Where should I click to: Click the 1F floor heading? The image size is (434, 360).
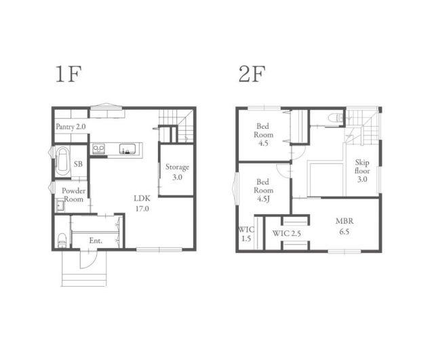pyautogui.click(x=68, y=74)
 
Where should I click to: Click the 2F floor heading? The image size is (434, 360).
pyautogui.click(x=252, y=74)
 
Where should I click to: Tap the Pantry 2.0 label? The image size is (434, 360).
pyautogui.click(x=71, y=127)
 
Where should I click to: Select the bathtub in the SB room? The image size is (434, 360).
pyautogui.click(x=63, y=161)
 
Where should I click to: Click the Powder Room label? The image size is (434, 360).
pyautogui.click(x=74, y=195)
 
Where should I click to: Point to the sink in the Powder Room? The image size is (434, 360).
pyautogui.click(x=60, y=205)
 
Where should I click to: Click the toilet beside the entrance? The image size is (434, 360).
pyautogui.click(x=62, y=241)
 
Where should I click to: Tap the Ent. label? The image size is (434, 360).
pyautogui.click(x=96, y=241)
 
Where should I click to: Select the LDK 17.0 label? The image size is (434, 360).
pyautogui.click(x=142, y=203)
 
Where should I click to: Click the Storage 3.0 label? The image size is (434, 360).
pyautogui.click(x=177, y=172)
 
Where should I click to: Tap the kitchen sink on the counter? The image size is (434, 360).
pyautogui.click(x=127, y=149)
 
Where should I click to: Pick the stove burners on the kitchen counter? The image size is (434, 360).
pyautogui.click(x=98, y=148)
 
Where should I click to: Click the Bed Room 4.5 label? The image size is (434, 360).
pyautogui.click(x=263, y=135)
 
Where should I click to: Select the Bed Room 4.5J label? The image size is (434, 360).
pyautogui.click(x=263, y=191)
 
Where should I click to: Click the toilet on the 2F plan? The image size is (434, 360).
pyautogui.click(x=335, y=118)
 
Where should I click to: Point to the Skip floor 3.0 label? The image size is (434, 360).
pyautogui.click(x=362, y=171)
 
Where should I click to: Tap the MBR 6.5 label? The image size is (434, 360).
pyautogui.click(x=344, y=226)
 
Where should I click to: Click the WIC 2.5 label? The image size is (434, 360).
pyautogui.click(x=286, y=233)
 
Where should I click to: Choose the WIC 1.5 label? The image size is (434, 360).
pyautogui.click(x=246, y=234)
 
